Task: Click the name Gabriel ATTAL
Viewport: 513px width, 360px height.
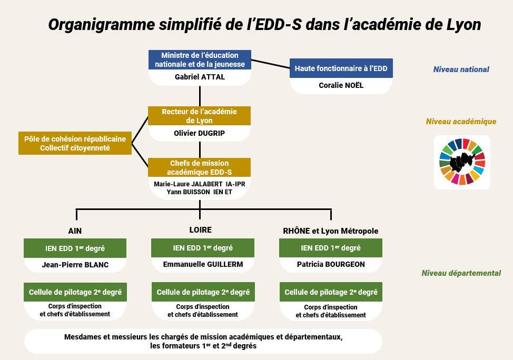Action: (x=200, y=77)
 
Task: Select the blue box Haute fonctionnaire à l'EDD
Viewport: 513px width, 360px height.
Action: (x=341, y=68)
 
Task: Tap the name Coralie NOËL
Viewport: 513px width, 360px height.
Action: (x=341, y=85)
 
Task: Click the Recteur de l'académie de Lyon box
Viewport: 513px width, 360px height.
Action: (x=199, y=116)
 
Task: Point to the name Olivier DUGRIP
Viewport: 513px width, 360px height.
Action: (x=199, y=133)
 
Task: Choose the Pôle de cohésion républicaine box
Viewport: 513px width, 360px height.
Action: (x=75, y=143)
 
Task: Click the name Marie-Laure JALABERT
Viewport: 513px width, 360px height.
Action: (x=188, y=184)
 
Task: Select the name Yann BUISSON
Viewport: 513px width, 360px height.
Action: (x=188, y=192)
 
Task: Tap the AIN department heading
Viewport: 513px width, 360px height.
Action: (x=75, y=231)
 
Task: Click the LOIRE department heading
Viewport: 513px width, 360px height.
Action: (x=200, y=230)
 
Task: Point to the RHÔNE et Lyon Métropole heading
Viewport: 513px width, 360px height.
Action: (x=330, y=231)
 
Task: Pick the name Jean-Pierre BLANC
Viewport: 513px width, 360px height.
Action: (x=75, y=265)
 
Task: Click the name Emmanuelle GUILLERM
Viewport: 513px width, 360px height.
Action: (x=203, y=264)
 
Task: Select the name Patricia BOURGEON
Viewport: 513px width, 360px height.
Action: (x=331, y=264)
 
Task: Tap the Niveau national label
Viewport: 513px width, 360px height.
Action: (x=461, y=69)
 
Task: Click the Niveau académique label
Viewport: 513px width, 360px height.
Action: (x=461, y=122)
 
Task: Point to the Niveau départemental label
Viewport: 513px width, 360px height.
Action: (x=461, y=273)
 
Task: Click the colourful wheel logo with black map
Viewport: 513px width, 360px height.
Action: (x=462, y=162)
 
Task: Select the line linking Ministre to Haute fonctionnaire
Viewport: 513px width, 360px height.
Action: (x=271, y=64)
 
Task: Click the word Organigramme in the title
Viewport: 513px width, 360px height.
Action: (x=102, y=25)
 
